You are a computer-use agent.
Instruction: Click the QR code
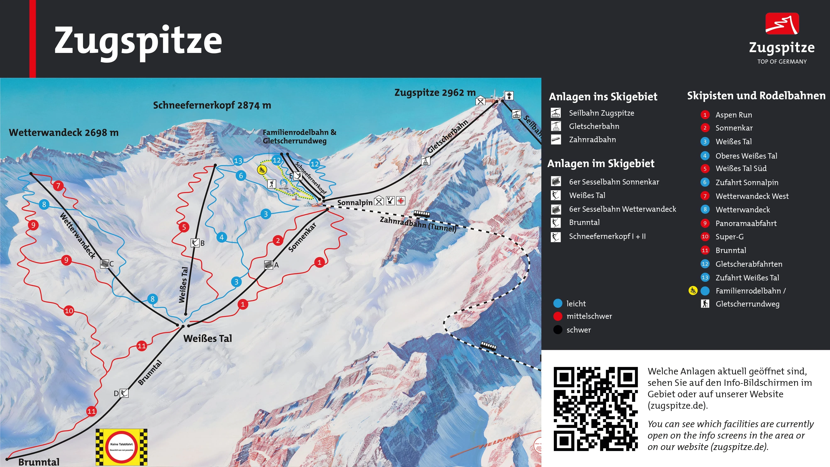(x=596, y=409)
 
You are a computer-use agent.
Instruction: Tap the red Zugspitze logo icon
(x=782, y=23)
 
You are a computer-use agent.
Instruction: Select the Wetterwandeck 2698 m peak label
(x=64, y=132)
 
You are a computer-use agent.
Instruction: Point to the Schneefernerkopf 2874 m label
(x=212, y=105)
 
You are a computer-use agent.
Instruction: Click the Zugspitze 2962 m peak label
(x=435, y=93)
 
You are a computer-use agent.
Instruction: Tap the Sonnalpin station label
(x=355, y=202)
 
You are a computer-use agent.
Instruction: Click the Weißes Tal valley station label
(x=207, y=338)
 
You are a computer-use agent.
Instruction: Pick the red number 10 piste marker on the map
(x=69, y=311)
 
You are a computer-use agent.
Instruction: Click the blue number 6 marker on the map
(x=241, y=176)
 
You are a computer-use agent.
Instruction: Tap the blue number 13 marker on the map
(x=238, y=160)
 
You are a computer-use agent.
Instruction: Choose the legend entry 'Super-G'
(x=730, y=237)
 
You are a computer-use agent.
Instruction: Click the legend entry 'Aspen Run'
(x=734, y=115)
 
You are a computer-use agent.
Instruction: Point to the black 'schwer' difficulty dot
(x=558, y=330)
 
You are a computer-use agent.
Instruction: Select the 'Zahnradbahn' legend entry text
(x=592, y=139)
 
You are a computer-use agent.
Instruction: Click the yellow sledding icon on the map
(x=262, y=170)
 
